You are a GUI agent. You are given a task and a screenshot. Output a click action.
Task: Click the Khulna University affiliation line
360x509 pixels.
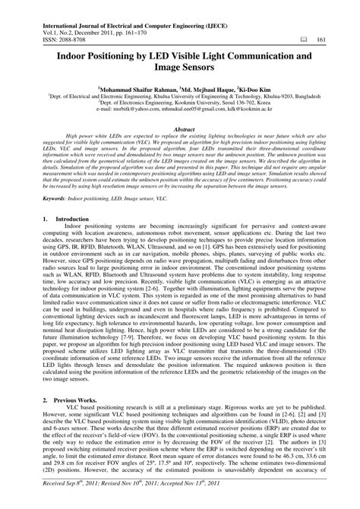point(180,96)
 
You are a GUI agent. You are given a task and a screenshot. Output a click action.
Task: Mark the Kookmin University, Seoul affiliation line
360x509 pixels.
point(180,103)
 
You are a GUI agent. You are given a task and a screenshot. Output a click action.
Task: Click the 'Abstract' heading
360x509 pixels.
point(180,130)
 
